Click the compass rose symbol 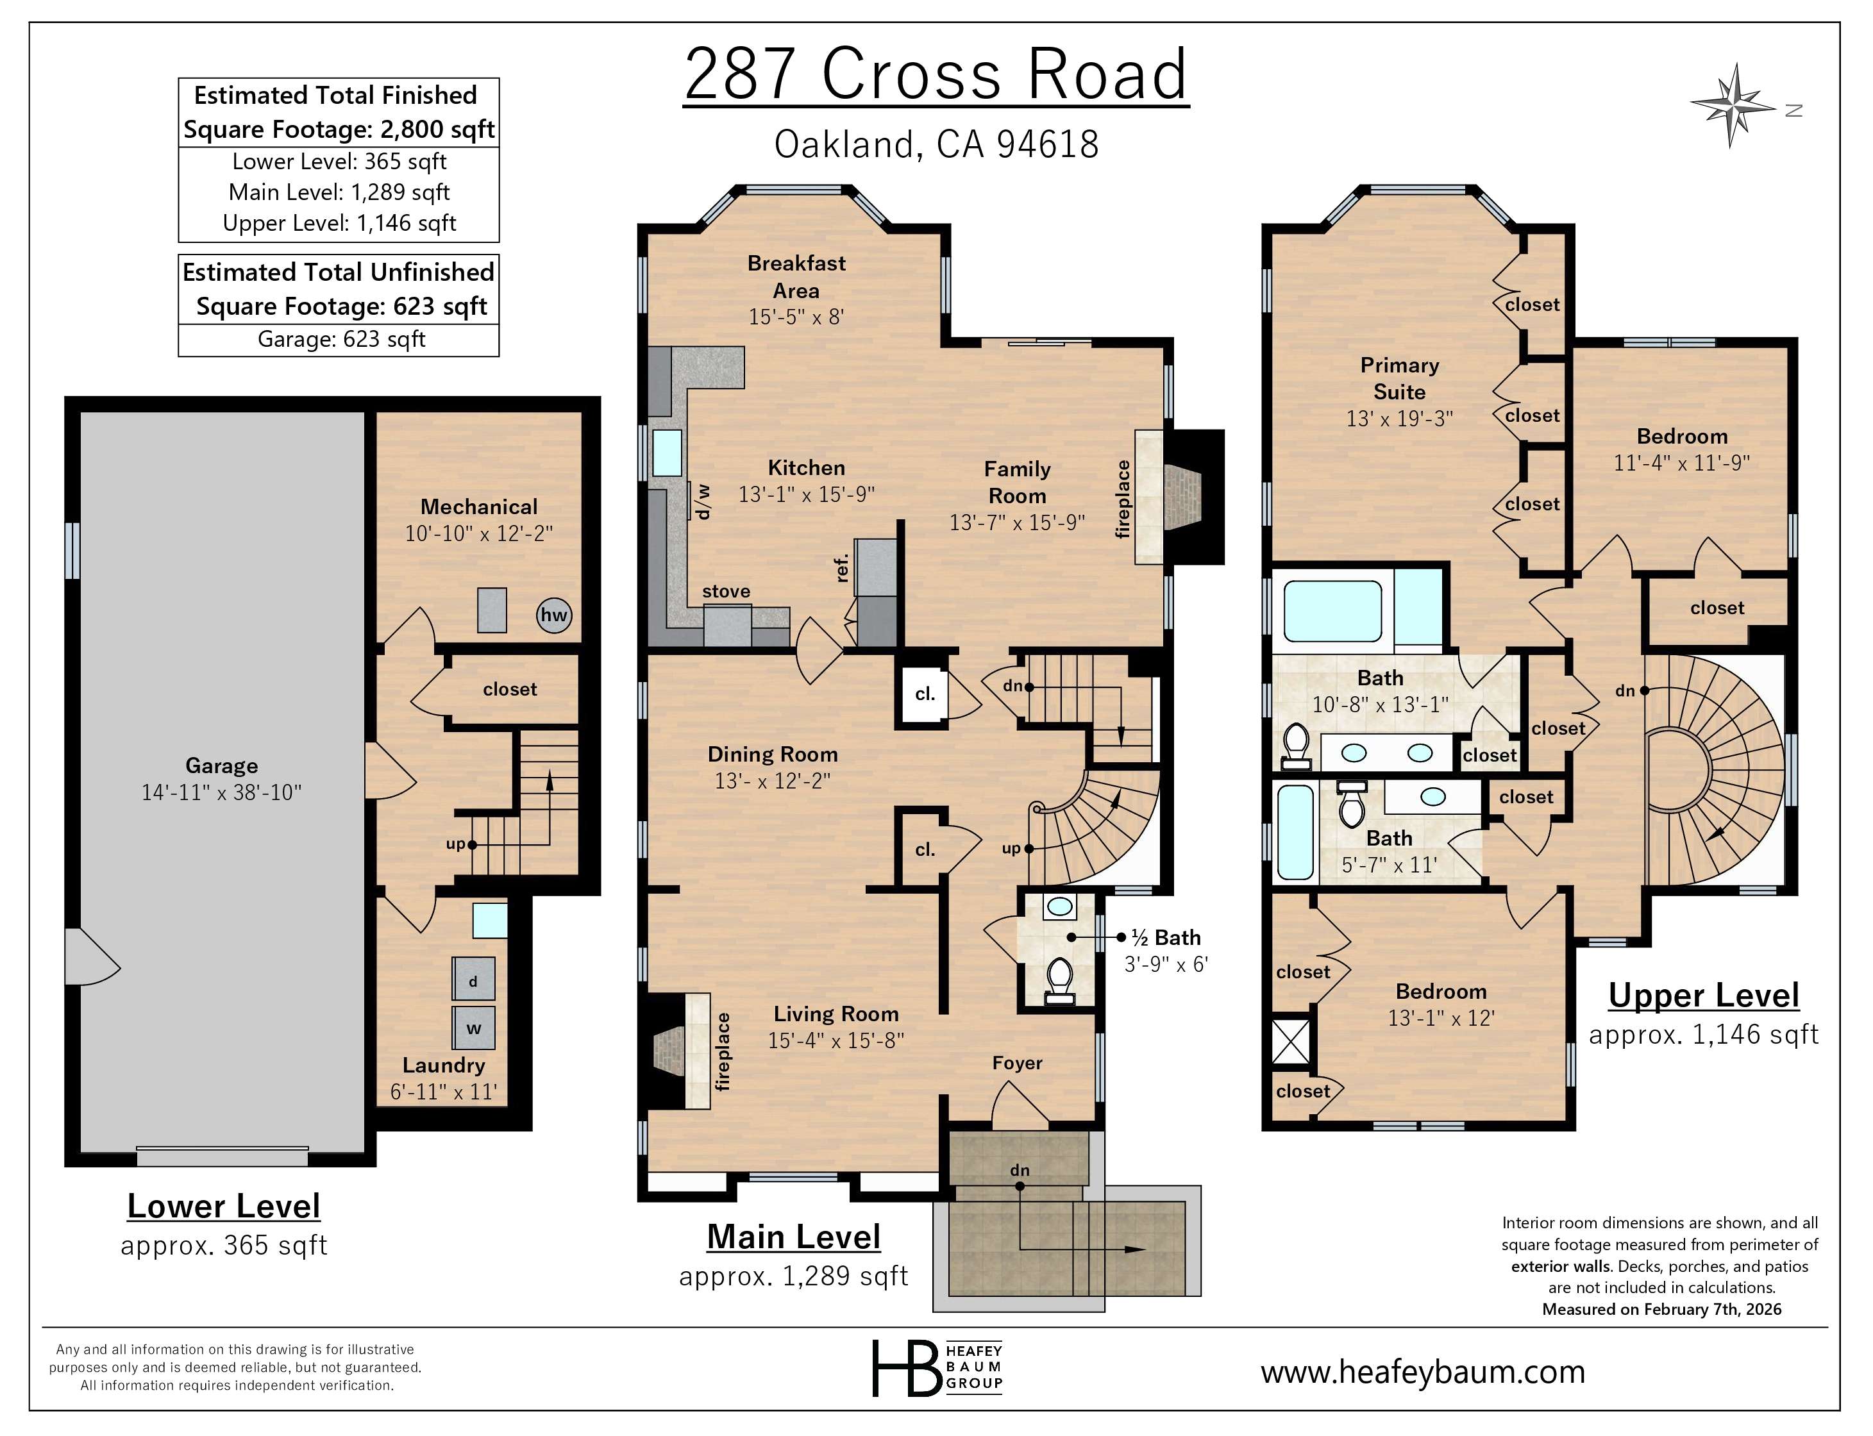pos(1732,106)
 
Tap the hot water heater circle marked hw pos(553,615)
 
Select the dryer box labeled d pos(473,980)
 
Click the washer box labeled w pos(473,1028)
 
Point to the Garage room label pos(221,765)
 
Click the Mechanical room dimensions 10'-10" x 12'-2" pos(479,533)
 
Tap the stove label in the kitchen pos(726,590)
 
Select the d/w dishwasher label pos(703,502)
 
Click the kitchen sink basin pos(667,452)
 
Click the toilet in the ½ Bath pos(1060,980)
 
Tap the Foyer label pos(1016,1062)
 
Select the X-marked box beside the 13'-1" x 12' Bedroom pos(1291,1040)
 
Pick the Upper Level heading pos(1703,995)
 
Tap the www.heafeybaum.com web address pos(1422,1371)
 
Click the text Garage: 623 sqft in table pos(340,339)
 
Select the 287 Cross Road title pos(936,74)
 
